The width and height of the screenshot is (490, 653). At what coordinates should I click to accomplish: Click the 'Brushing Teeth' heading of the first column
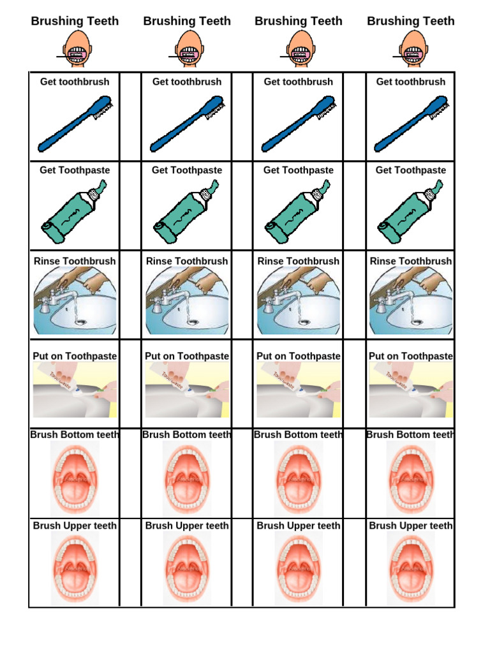[75, 21]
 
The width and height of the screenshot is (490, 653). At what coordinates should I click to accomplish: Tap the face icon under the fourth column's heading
[411, 49]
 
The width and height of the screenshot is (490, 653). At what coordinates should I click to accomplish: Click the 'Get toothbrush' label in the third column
[298, 82]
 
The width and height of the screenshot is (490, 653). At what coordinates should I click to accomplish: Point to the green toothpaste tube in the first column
[75, 212]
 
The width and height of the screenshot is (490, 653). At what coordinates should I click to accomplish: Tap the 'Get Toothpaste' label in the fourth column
[410, 170]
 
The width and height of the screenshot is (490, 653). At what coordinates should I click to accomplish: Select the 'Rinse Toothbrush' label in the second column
[187, 261]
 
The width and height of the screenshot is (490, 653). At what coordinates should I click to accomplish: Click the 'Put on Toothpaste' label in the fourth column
[410, 356]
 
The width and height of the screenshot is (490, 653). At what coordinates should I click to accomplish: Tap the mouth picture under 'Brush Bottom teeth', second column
[187, 478]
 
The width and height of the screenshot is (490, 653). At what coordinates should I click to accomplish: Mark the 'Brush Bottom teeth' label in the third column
[298, 435]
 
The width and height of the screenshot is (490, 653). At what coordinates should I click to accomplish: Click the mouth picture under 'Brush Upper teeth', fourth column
[411, 569]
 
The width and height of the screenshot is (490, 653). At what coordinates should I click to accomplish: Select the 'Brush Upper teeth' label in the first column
[75, 525]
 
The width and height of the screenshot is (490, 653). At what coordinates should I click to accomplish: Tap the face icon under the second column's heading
[187, 49]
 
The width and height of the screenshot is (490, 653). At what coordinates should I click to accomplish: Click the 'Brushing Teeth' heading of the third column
[298, 21]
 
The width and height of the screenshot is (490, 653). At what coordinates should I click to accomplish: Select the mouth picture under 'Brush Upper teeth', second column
[187, 569]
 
